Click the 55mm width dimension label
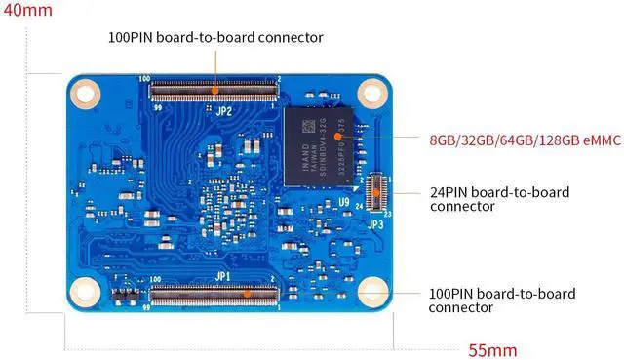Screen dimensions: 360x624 tap(492, 349)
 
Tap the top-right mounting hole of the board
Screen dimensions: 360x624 tap(370, 94)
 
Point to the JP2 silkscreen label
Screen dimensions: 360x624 tap(223, 110)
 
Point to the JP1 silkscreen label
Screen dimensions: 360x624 tap(223, 276)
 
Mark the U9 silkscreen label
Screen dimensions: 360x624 tap(344, 201)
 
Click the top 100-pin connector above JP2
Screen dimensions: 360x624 tap(214, 92)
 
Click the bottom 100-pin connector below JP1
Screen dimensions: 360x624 tap(214, 292)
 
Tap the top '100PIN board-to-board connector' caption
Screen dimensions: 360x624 tap(215, 37)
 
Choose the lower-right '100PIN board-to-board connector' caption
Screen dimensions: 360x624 tap(501, 300)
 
